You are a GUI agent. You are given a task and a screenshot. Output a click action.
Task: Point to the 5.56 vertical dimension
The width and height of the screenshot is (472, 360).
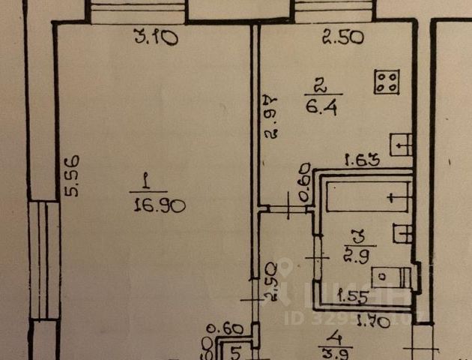tap(72, 176)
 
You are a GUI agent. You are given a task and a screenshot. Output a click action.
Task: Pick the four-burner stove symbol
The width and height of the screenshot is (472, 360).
tap(387, 82)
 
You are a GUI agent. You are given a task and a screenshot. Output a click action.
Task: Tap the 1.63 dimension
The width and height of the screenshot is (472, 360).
tap(360, 159)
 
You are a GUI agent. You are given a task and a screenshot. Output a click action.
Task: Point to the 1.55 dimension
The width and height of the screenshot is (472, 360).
tap(351, 295)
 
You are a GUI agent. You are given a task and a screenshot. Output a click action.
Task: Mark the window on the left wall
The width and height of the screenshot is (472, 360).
tap(43, 259)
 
